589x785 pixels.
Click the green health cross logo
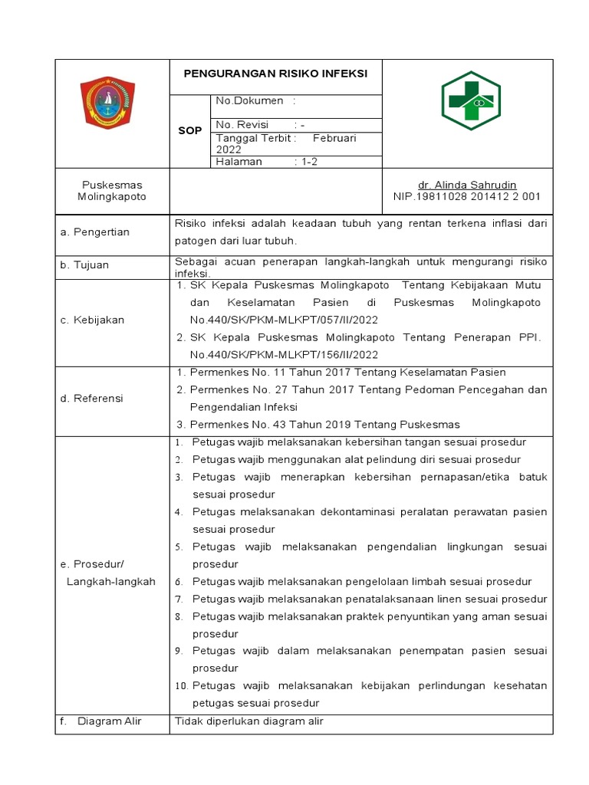[x=470, y=101]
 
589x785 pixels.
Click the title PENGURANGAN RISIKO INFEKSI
[x=275, y=73]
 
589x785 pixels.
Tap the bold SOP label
[x=189, y=131]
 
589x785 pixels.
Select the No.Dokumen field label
[x=249, y=101]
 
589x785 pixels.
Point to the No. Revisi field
[x=260, y=125]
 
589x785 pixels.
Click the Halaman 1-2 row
[x=262, y=162]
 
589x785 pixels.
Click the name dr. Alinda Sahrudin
[x=466, y=186]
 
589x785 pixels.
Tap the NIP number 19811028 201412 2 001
[x=466, y=197]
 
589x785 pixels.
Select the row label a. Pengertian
[x=95, y=232]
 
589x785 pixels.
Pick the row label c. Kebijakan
[x=92, y=320]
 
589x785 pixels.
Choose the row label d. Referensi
[x=92, y=399]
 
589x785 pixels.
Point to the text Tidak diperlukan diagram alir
[x=249, y=721]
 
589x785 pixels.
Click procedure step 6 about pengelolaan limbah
[x=362, y=582]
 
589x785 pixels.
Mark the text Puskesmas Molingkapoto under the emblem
[x=112, y=191]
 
